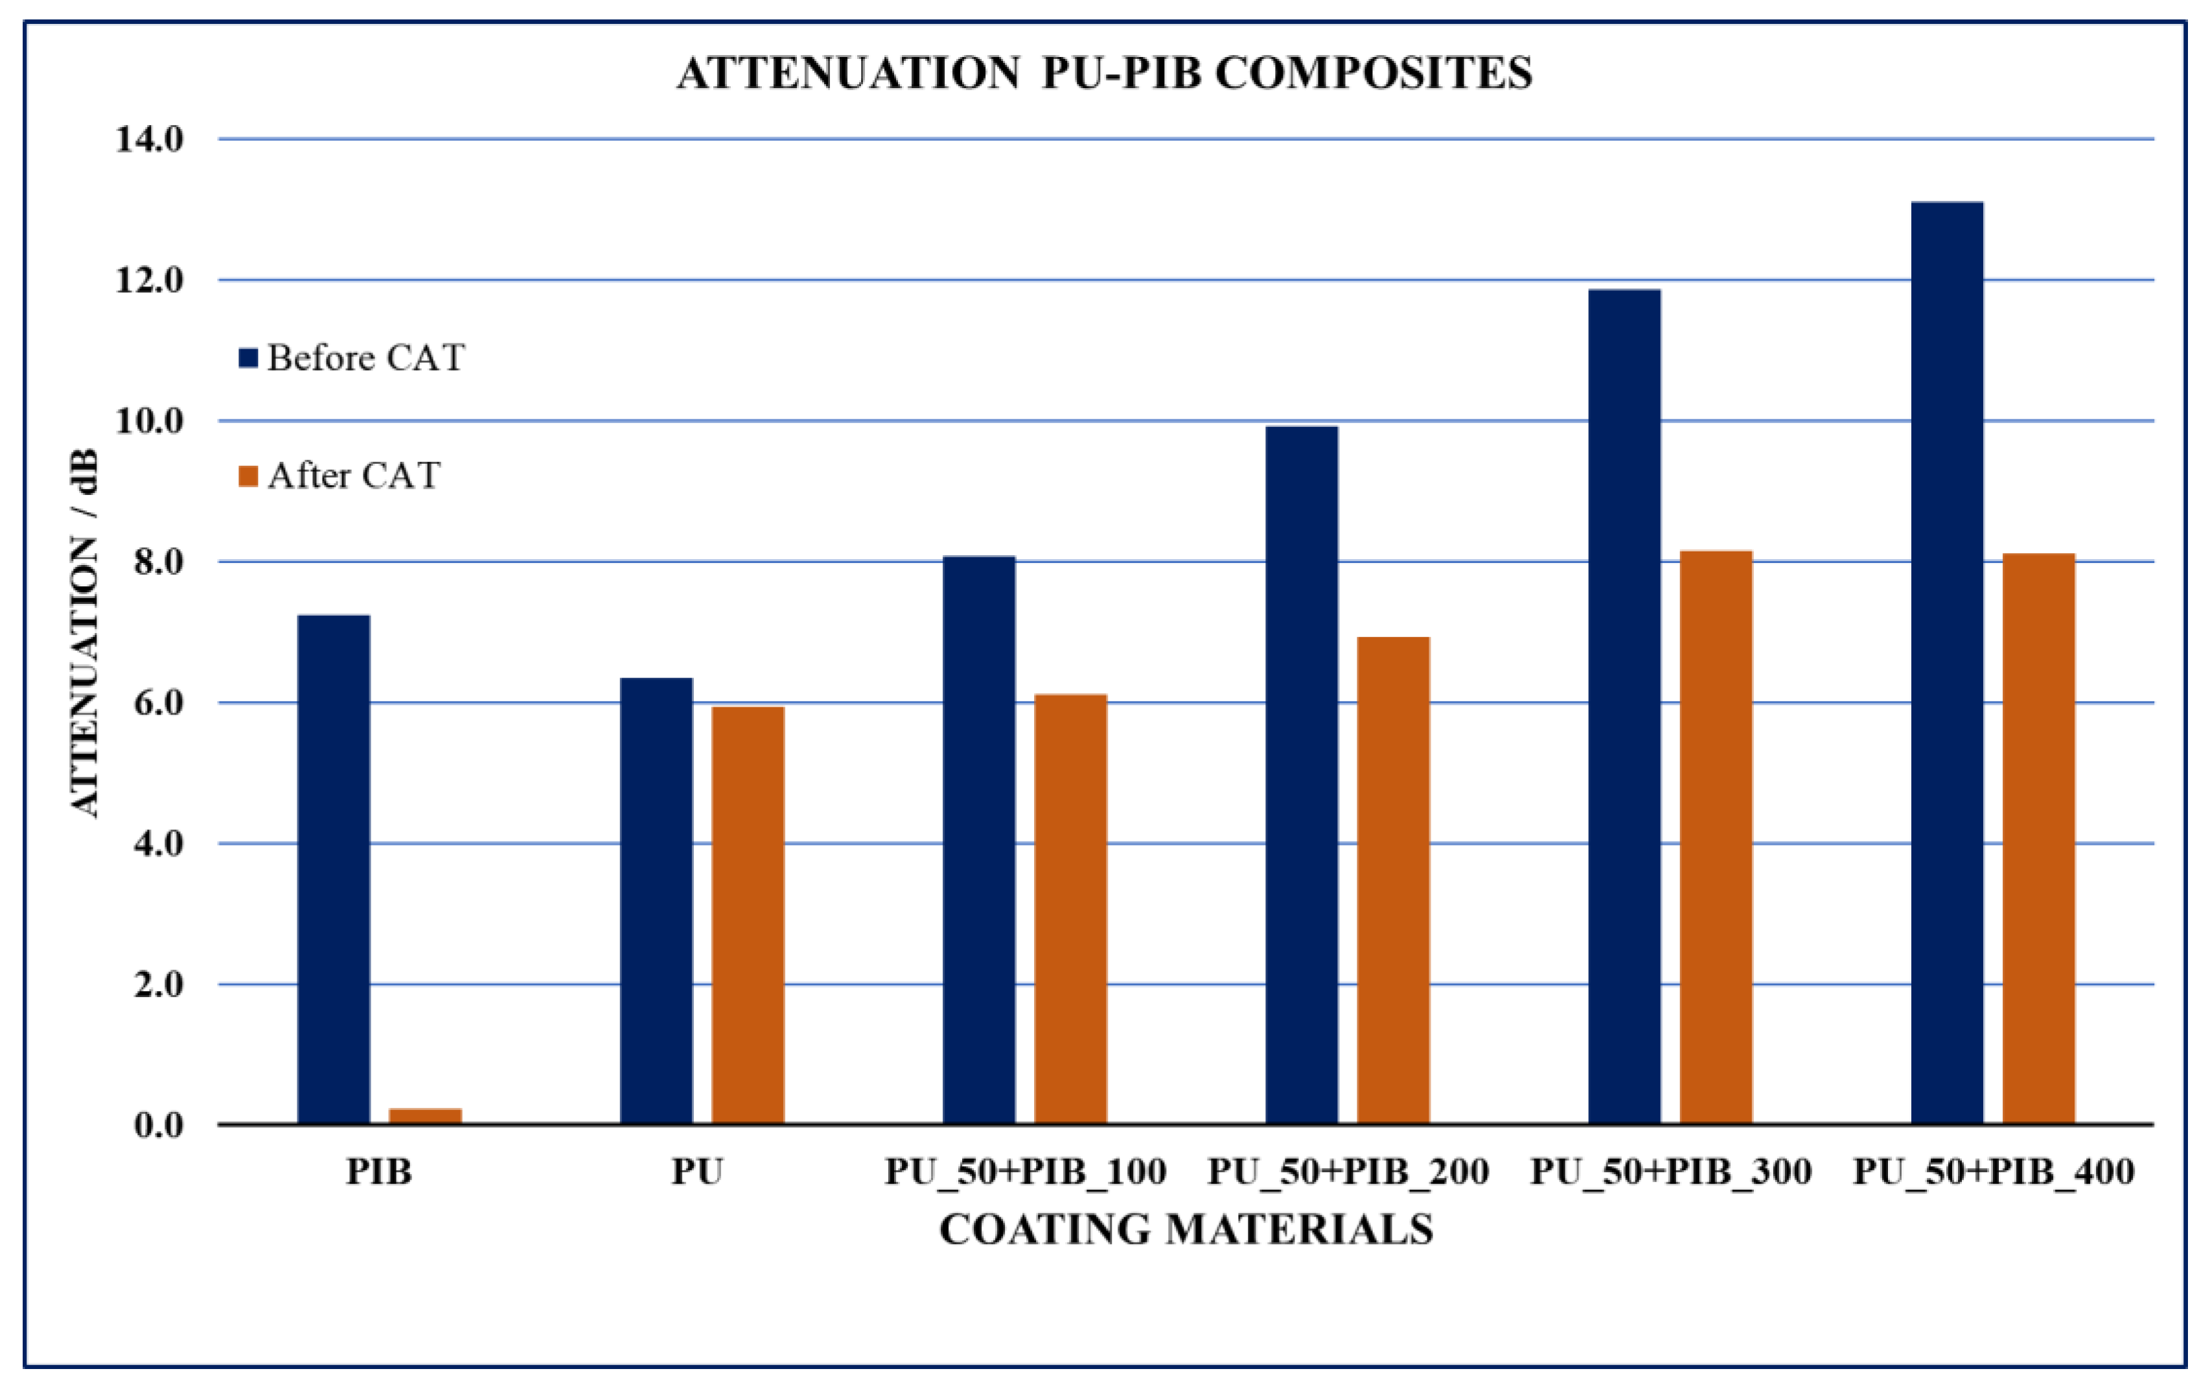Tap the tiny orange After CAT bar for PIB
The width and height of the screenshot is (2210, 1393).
425,1115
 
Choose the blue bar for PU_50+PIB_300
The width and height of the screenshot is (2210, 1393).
1624,707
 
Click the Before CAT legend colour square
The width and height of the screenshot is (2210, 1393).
247,358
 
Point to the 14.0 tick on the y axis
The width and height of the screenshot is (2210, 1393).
148,139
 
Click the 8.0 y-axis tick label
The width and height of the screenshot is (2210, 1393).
158,562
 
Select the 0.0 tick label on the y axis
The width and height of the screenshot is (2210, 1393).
158,1125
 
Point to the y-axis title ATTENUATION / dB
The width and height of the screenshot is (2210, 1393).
84,633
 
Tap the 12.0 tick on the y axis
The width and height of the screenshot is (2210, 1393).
148,280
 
